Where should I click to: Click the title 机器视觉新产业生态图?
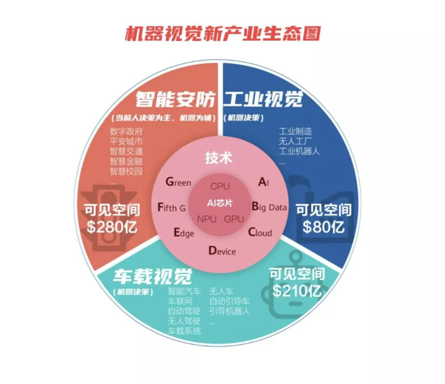point(222,34)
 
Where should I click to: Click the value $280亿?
point(112,227)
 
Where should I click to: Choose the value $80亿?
point(323,227)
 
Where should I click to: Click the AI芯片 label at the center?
point(220,203)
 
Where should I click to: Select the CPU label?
point(220,186)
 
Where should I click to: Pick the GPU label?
point(234,219)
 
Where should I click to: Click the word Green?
point(178,182)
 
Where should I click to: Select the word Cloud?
point(260,233)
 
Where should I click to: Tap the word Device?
point(222,251)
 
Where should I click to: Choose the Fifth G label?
point(172,207)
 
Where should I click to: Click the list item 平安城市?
point(126,141)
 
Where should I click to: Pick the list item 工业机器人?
point(299,151)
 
